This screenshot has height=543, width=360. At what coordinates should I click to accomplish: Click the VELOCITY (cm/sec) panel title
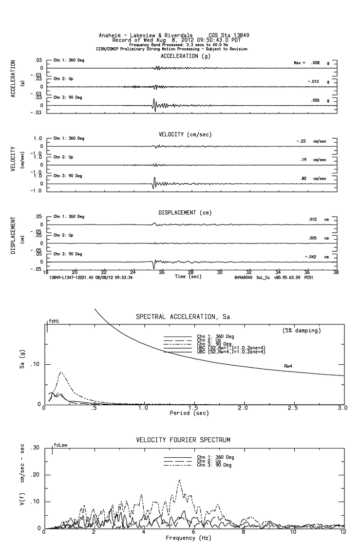[185, 134]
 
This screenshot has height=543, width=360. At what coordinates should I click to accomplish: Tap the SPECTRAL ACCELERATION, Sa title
[183, 317]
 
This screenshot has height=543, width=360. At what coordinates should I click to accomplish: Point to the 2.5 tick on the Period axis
[292, 408]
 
